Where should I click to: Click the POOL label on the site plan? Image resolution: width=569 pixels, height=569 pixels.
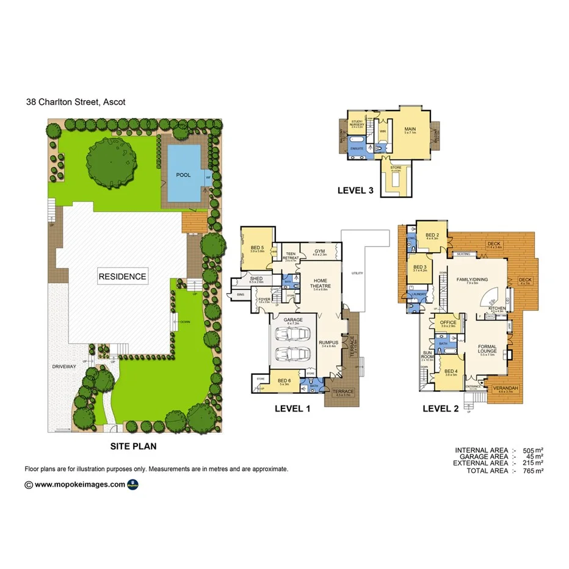tap(183, 175)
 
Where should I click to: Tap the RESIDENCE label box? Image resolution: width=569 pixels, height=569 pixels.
tap(123, 277)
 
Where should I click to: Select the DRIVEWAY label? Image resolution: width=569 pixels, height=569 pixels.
tap(64, 366)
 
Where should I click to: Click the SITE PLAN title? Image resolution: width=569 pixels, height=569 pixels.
tap(133, 446)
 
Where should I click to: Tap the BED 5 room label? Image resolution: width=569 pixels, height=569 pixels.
tap(257, 248)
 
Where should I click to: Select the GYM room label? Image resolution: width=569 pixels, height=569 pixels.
tap(320, 251)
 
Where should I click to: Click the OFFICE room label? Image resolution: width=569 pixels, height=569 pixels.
tap(449, 323)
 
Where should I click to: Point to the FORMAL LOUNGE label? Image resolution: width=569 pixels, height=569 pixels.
tap(487, 350)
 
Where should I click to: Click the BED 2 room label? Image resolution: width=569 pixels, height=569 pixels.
tap(432, 235)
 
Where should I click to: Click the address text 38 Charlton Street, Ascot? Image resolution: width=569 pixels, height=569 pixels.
tap(75, 102)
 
